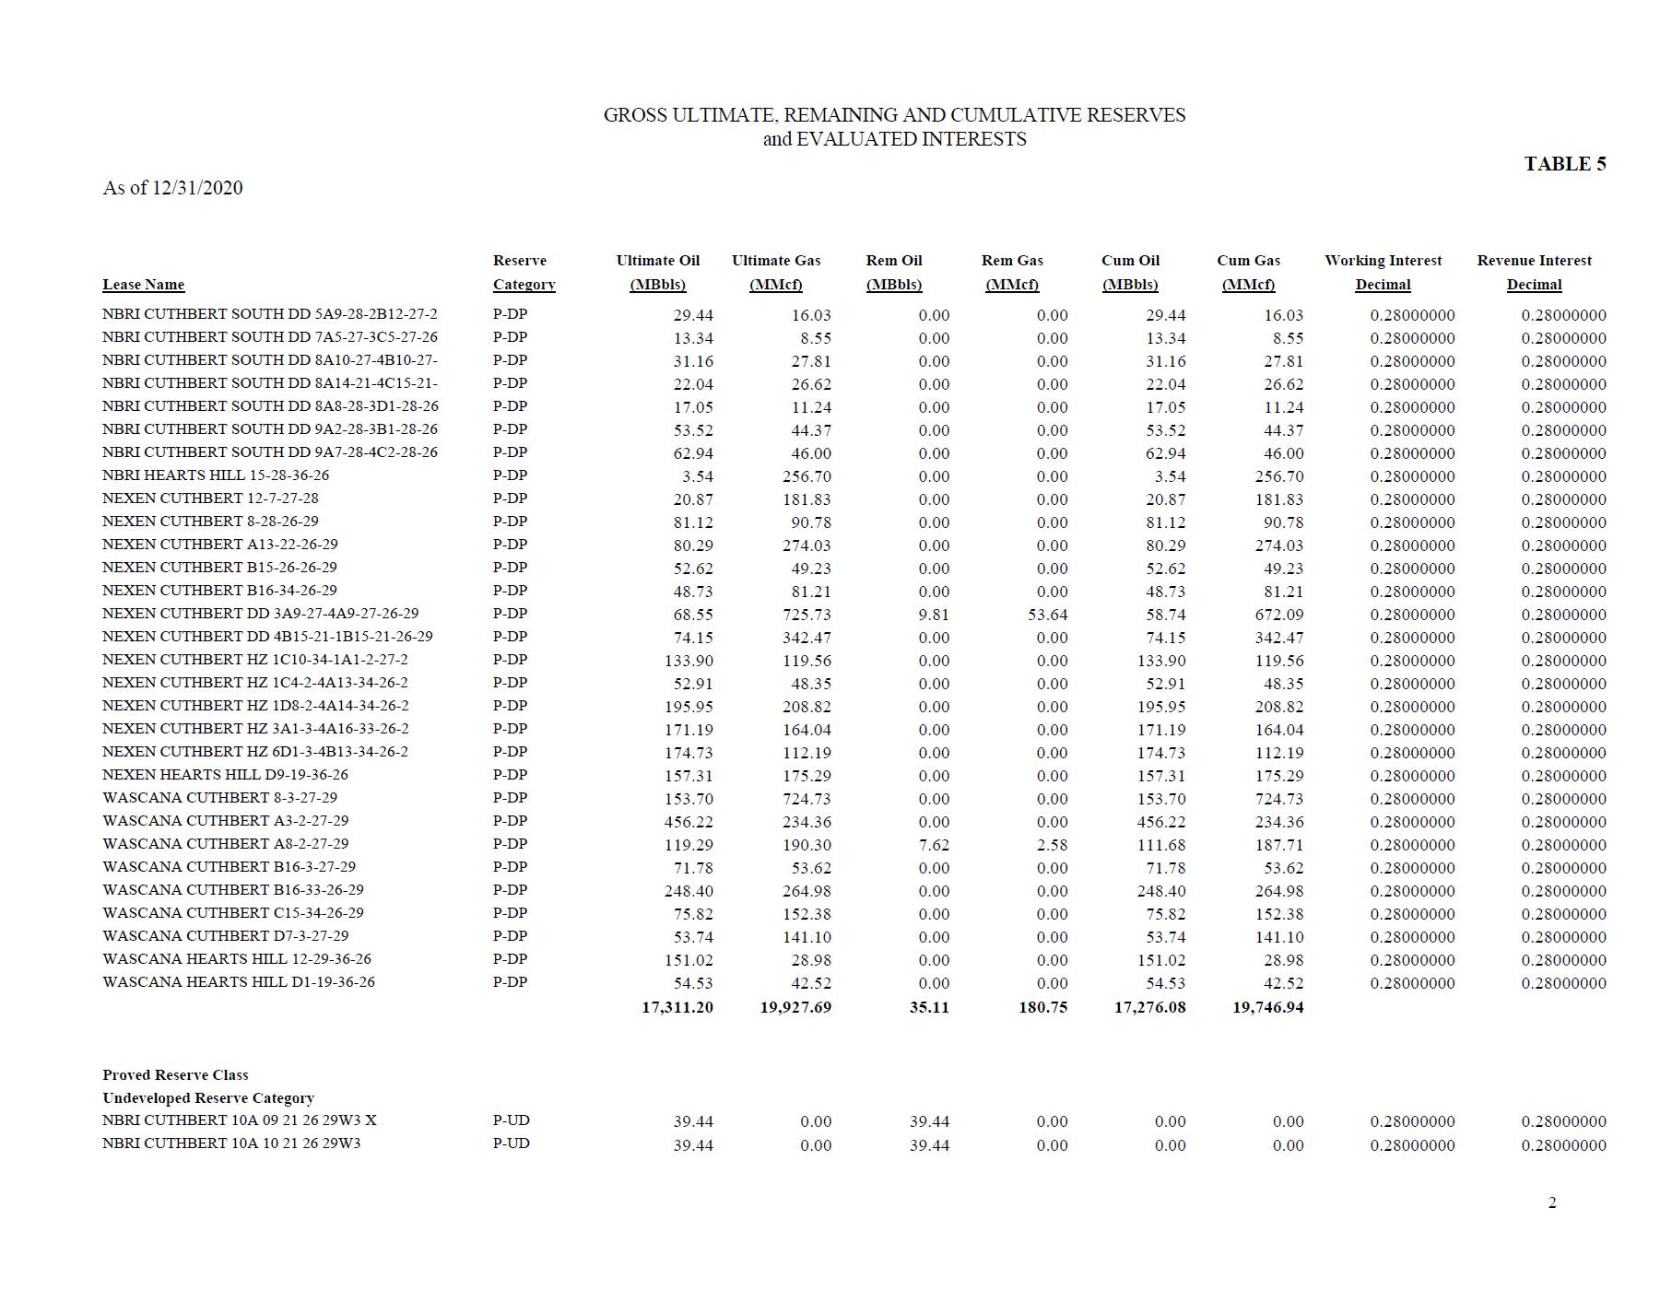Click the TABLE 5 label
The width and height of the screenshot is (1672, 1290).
pos(1564,164)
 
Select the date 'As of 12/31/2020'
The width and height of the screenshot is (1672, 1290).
pos(172,188)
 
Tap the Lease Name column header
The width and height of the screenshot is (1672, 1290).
pos(143,285)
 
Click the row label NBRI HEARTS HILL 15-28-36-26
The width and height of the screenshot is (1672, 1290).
pos(216,475)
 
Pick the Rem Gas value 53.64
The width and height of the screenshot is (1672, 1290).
pos(1047,615)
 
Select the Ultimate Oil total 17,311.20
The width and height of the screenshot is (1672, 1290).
pos(677,1007)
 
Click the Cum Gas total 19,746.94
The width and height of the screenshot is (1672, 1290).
pos(1267,1007)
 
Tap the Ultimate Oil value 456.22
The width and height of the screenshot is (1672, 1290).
pos(689,822)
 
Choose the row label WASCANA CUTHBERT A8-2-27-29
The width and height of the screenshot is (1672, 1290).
pos(226,844)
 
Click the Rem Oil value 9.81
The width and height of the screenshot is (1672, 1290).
pos(933,615)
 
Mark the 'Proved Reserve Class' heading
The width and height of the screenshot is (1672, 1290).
pos(175,1075)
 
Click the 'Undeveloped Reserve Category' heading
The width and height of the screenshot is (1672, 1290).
pos(208,1098)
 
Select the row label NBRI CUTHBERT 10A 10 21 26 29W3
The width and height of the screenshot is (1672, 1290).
pos(231,1143)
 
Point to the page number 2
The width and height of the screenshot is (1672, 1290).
pos(1552,1202)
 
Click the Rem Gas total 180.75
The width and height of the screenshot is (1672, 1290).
pos(1042,1007)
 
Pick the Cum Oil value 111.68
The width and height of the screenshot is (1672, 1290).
pos(1161,845)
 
